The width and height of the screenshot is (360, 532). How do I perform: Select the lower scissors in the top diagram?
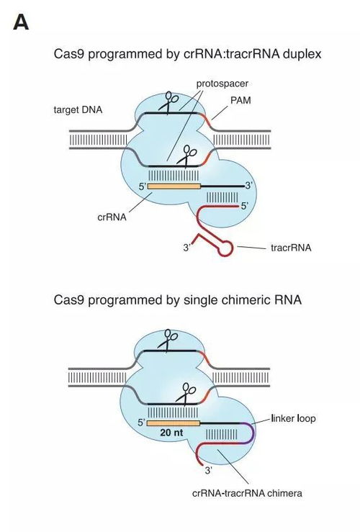click(x=190, y=153)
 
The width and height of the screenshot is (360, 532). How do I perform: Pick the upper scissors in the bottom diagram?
click(x=171, y=338)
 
